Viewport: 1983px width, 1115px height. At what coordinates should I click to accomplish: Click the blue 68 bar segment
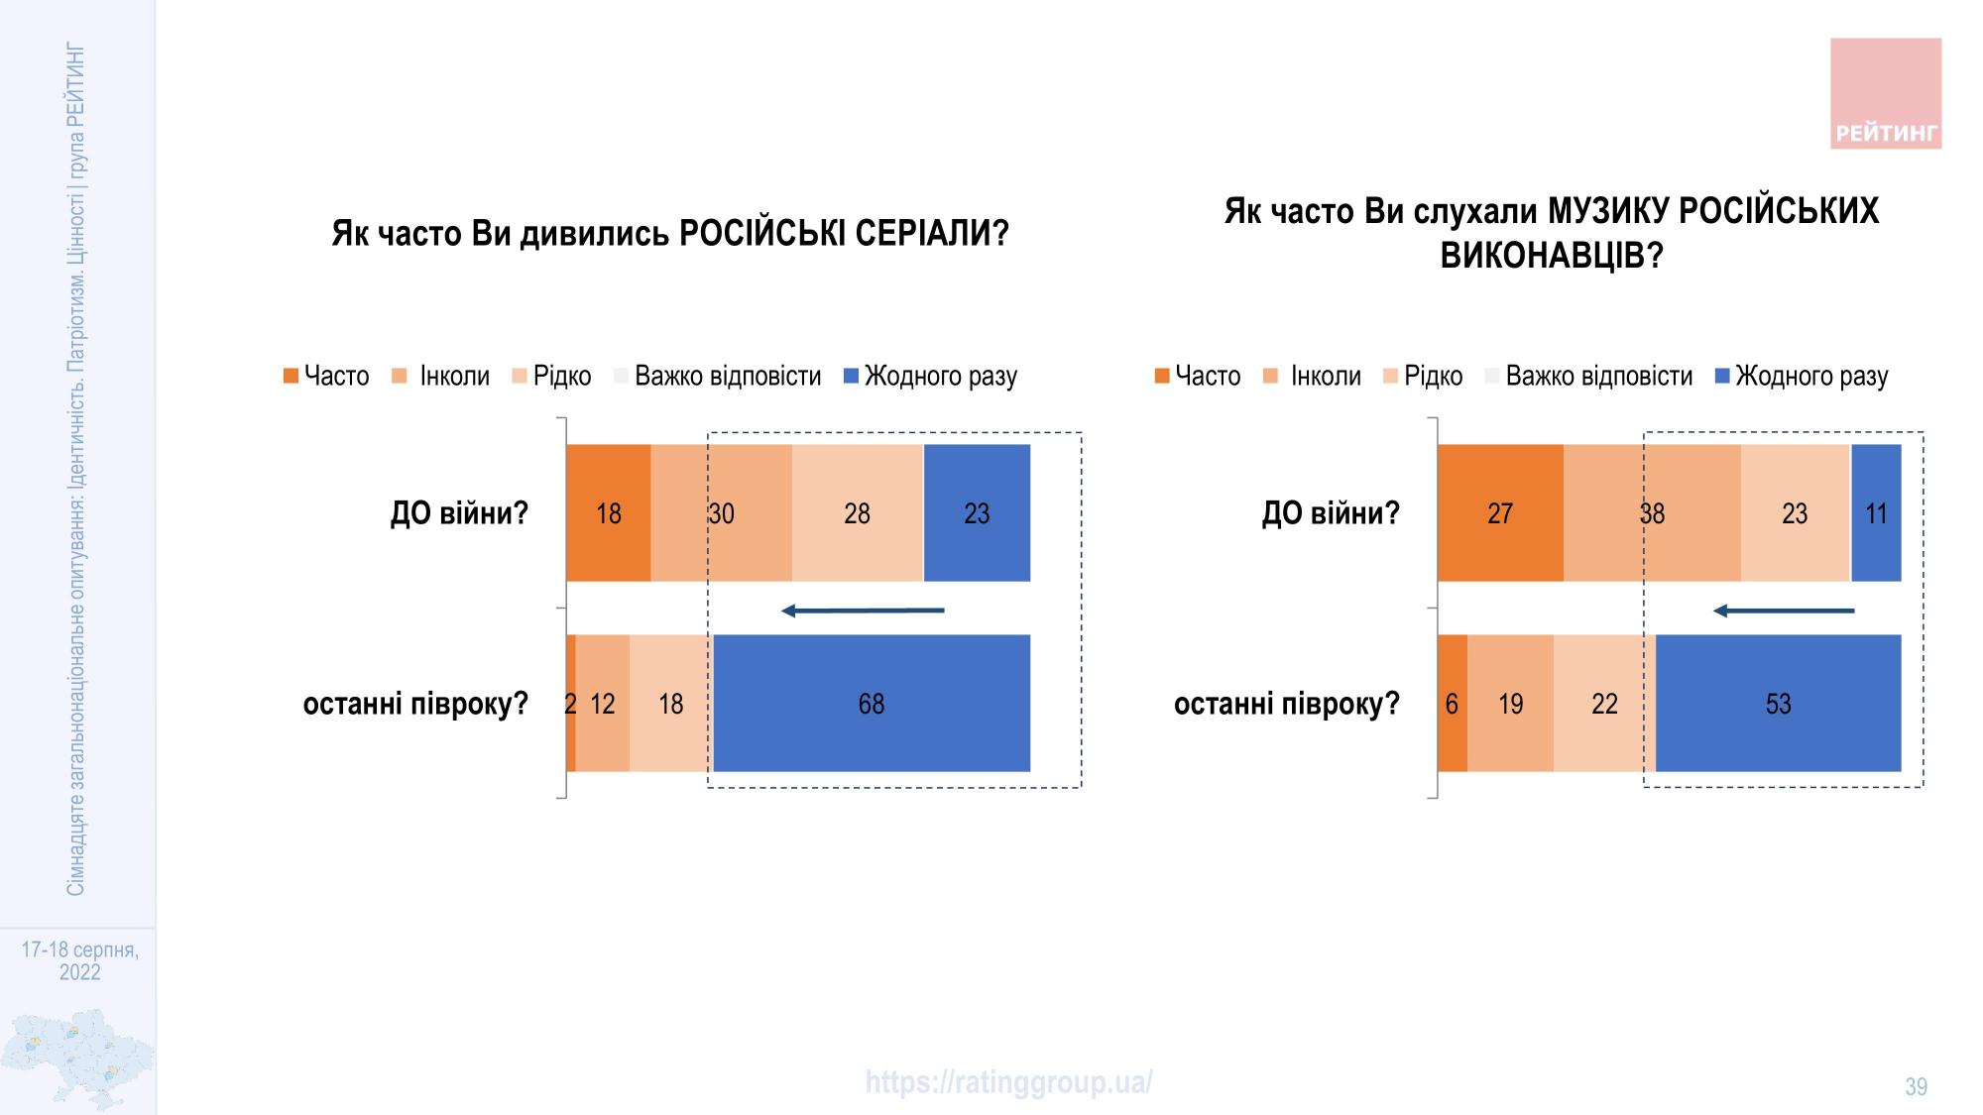(872, 703)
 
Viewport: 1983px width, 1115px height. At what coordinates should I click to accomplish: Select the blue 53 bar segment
(1778, 703)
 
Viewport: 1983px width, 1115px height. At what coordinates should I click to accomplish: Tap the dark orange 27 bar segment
(1500, 512)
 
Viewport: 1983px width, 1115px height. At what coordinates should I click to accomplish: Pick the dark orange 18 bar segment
(609, 512)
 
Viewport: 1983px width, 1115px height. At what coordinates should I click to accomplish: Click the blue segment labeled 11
(1876, 512)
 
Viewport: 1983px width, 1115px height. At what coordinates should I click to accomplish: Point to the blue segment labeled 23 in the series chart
(977, 512)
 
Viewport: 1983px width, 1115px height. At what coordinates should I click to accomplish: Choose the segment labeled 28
(858, 512)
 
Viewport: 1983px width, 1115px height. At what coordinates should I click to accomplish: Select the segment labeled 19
(1510, 703)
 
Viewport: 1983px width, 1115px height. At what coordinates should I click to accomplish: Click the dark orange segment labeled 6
(1452, 703)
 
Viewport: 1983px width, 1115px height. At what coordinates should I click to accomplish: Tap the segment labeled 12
(602, 703)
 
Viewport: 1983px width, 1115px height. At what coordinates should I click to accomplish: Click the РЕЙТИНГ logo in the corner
(1885, 94)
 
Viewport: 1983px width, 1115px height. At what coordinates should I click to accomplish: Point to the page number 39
(1916, 1087)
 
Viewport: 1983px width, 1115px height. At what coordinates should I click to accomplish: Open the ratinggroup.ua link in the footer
(1008, 1082)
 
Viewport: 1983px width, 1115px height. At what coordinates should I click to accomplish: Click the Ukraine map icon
(77, 1059)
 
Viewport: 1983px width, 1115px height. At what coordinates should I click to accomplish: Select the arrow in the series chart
(863, 611)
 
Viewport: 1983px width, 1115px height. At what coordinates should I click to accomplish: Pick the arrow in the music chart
(1783, 611)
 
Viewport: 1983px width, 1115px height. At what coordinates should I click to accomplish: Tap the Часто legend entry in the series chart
(326, 377)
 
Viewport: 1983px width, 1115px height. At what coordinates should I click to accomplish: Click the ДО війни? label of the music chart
(1330, 513)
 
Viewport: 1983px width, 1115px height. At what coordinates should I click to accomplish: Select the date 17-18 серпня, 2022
(79, 960)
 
